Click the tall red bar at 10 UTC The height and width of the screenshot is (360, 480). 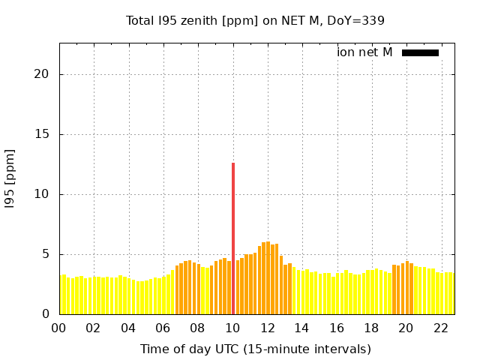click(x=233, y=238)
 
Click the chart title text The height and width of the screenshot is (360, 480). click(x=255, y=20)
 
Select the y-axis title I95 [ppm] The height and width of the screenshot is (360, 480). click(x=10, y=178)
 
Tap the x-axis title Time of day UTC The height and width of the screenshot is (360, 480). click(x=255, y=349)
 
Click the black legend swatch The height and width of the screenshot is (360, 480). click(x=420, y=52)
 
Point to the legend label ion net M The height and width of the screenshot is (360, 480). click(x=364, y=52)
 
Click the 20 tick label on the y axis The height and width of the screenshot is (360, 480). click(x=42, y=74)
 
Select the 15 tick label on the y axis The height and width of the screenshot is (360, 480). click(x=42, y=134)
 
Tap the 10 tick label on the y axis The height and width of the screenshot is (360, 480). click(x=42, y=194)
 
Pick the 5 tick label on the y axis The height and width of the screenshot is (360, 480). click(x=46, y=254)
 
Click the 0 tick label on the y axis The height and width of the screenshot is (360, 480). click(x=46, y=314)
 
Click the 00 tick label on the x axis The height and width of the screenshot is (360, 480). click(x=59, y=328)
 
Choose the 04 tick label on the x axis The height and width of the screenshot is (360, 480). click(x=128, y=328)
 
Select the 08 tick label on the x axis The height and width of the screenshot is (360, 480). click(x=198, y=328)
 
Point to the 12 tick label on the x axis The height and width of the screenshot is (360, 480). click(x=268, y=328)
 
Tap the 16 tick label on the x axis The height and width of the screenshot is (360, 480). click(x=337, y=328)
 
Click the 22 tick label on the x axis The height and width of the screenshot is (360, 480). click(x=441, y=328)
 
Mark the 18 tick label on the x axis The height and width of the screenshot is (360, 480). click(x=371, y=328)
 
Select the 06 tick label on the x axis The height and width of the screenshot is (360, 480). click(x=163, y=328)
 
